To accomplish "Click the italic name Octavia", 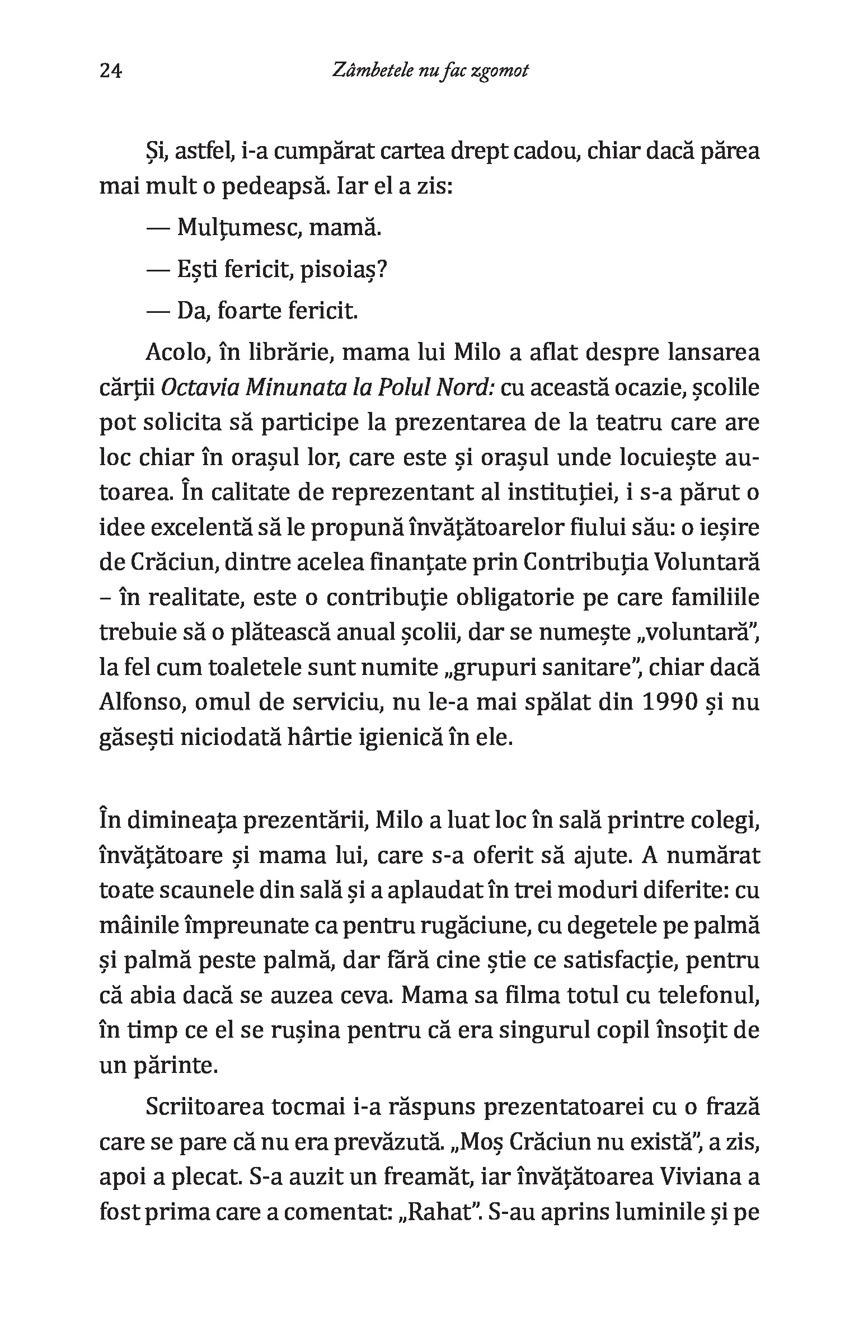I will pos(193,388).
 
